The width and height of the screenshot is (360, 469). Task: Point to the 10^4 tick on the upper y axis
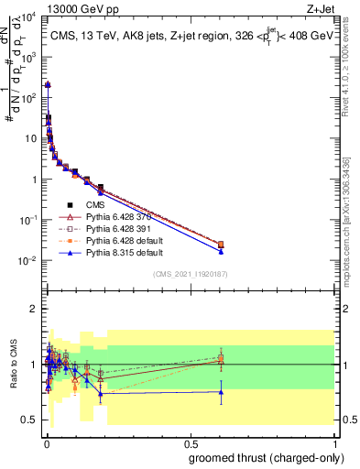pos(29,16)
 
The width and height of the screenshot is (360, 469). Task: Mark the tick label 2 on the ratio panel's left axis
pos(35,309)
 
